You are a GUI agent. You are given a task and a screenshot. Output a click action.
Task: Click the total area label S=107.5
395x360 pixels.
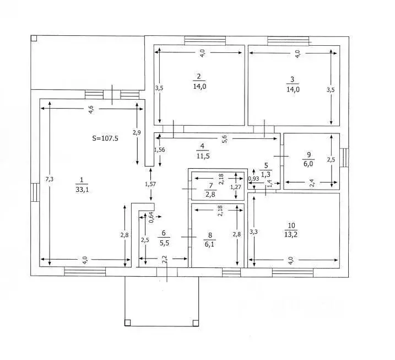105,138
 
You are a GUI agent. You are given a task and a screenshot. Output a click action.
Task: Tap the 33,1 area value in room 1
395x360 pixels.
82,190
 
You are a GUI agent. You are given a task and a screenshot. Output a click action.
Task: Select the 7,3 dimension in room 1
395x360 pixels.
49,179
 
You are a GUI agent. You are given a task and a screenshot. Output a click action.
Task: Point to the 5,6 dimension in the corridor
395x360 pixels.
225,139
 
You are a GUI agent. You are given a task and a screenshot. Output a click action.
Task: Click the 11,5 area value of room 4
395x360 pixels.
203,156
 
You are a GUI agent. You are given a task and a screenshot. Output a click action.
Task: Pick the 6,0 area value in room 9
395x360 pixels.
308,164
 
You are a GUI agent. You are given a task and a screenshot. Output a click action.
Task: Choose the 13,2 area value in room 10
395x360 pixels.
291,235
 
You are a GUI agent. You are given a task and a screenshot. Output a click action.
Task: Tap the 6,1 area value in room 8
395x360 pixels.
209,244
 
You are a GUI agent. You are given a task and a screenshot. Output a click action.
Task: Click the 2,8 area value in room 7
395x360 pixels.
210,195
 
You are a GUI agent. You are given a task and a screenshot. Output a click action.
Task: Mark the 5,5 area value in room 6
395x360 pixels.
164,243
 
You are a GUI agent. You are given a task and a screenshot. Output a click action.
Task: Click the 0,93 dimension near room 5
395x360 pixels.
253,179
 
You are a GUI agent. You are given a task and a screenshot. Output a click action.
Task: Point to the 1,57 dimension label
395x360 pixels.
150,184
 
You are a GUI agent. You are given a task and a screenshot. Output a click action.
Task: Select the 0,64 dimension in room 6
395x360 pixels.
151,218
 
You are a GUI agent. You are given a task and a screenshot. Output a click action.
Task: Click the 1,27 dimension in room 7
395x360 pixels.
236,187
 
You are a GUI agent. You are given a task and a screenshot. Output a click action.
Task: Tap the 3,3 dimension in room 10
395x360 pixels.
253,232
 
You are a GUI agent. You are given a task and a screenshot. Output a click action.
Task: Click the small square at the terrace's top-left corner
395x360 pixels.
34,38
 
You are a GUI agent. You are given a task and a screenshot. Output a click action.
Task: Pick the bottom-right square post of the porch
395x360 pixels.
196,323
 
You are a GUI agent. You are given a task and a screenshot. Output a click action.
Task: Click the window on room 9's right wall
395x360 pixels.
344,158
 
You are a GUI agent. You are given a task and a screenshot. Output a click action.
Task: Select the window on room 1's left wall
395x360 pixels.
35,192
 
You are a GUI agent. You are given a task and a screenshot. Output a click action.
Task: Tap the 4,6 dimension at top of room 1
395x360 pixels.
91,109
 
